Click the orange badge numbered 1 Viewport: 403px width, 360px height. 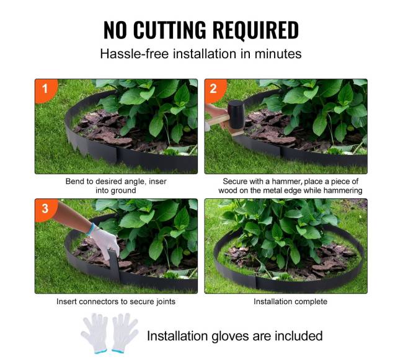coord(45,90)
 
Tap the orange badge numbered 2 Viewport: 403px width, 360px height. coord(215,90)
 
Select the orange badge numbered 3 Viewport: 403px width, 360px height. coord(45,209)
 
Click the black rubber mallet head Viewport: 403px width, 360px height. coord(236,115)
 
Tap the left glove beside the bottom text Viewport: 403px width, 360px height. coord(95,333)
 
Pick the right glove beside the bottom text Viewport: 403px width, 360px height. coord(125,333)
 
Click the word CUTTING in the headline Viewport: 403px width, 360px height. coord(170,30)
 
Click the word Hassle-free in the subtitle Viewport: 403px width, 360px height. coord(135,54)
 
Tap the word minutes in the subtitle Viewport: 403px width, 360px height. coord(278,54)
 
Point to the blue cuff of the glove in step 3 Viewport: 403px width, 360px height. coord(91,229)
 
